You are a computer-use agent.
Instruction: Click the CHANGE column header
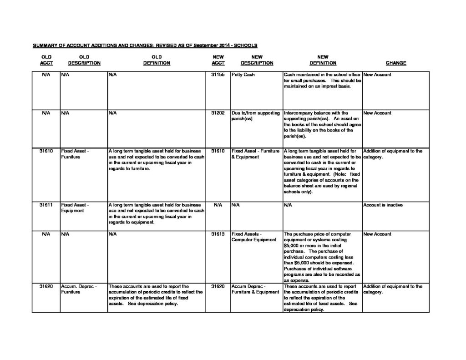tap(395, 63)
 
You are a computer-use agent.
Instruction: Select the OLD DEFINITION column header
tap(156, 60)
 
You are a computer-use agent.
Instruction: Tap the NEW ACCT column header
tap(218, 60)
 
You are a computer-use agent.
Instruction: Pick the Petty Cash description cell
tap(243, 75)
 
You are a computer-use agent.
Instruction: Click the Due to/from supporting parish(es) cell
tap(255, 116)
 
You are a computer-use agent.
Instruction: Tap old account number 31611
tap(46, 205)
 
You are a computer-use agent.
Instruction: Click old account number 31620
tap(46, 286)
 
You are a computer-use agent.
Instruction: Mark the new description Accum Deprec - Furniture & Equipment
tap(255, 289)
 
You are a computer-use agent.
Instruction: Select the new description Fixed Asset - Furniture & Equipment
tap(255, 154)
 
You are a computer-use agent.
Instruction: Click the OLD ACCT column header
tap(46, 60)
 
